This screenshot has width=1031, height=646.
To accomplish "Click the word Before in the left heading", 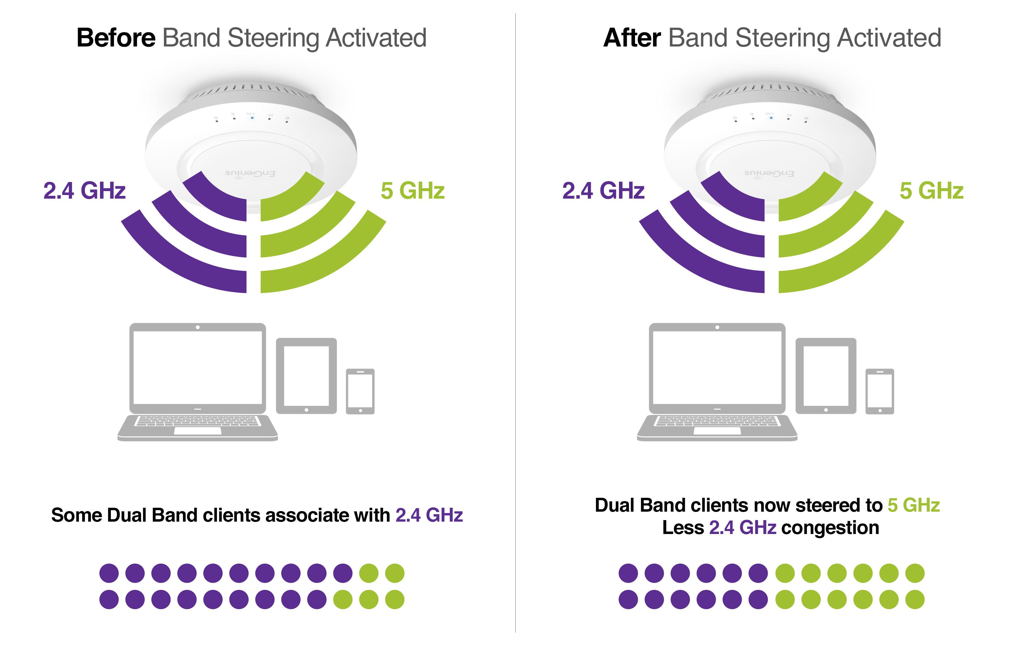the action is pos(116,38).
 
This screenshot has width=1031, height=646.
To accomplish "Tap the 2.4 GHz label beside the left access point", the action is pos(84,190).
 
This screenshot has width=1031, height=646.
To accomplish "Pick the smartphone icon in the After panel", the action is pos(879,391).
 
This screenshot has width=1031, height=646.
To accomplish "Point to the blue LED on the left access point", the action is pos(252,117).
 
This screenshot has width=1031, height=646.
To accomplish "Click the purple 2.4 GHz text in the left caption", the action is pos(429,515).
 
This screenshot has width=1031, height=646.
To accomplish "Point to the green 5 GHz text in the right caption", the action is pos(913,505).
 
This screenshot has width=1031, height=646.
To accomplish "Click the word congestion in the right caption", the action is pos(830,528).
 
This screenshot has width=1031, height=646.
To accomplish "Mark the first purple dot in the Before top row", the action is pos(109,573).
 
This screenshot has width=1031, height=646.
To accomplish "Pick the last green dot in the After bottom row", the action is pos(915,600).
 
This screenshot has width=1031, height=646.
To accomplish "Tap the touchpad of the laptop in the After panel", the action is pos(717,431).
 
